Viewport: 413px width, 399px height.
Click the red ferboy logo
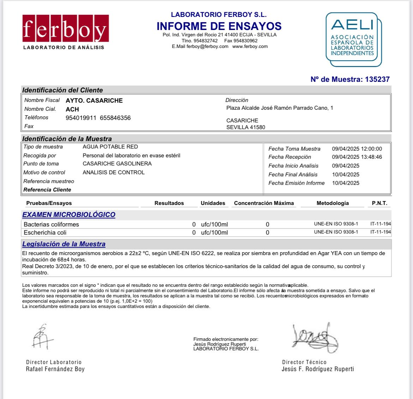click(x=65, y=28)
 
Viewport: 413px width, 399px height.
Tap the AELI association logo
click(x=353, y=39)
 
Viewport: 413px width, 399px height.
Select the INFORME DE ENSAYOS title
click(x=219, y=26)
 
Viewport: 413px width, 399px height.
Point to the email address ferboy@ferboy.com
click(x=208, y=47)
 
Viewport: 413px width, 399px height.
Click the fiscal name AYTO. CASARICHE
click(x=94, y=101)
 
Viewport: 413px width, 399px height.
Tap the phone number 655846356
click(x=115, y=118)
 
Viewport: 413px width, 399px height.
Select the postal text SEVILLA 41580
click(x=246, y=127)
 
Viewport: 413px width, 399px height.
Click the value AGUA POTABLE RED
click(x=110, y=147)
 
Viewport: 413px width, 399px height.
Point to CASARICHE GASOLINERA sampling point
click(x=117, y=164)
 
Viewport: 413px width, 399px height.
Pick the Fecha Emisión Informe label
click(x=296, y=183)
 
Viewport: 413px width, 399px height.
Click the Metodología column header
click(x=333, y=203)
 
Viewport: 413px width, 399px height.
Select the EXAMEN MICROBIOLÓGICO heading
click(x=69, y=214)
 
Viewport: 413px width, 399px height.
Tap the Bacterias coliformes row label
click(x=51, y=224)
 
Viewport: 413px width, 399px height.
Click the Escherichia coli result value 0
click(x=194, y=233)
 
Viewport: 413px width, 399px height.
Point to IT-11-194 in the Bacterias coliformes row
click(x=381, y=224)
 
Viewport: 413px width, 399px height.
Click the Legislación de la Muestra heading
click(x=64, y=244)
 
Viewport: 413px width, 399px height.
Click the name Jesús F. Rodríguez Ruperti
click(x=318, y=369)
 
